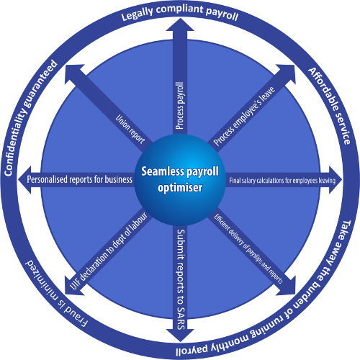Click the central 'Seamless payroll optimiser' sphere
tap(180, 180)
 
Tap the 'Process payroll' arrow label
tap(180, 106)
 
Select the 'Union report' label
tap(130, 130)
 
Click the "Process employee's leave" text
tap(244, 116)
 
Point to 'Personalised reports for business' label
tap(79, 179)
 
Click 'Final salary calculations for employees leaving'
tap(282, 180)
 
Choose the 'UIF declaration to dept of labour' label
tap(108, 251)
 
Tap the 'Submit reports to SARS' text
tap(181, 279)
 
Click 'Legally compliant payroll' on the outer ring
tap(180, 12)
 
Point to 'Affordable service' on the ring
tap(330, 106)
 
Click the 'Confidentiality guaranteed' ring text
tap(30, 117)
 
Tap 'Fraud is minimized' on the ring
tap(56, 294)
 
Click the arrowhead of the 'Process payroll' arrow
tap(180, 24)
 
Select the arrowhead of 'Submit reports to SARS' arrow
tap(180, 336)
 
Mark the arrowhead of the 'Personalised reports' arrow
tap(24, 179)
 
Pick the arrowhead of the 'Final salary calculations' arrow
tap(336, 180)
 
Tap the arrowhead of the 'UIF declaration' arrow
tap(71, 289)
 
